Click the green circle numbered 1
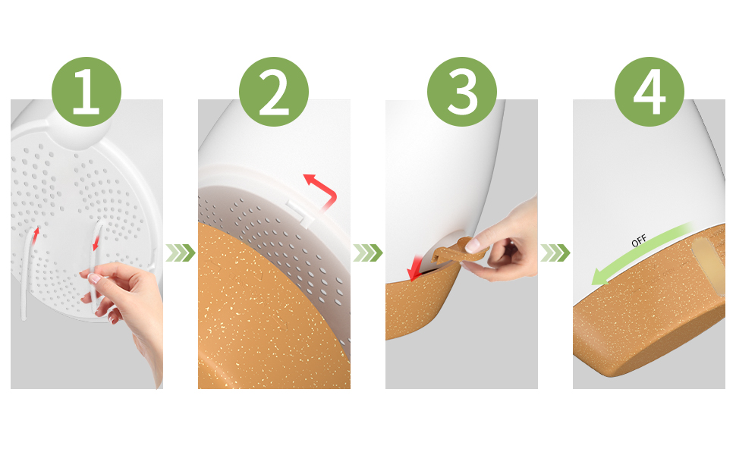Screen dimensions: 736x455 click(86, 92)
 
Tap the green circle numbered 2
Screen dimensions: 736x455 click(274, 92)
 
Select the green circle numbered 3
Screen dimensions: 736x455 click(462, 92)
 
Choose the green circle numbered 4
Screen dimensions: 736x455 click(650, 92)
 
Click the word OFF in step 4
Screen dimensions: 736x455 click(639, 240)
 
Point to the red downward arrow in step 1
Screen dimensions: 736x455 click(96, 243)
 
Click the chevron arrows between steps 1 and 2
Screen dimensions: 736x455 click(181, 253)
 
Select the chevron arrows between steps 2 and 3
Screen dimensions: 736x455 click(368, 253)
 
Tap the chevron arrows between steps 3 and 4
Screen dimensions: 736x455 click(555, 253)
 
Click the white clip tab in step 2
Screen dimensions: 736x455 click(300, 211)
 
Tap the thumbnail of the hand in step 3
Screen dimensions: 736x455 click(473, 245)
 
